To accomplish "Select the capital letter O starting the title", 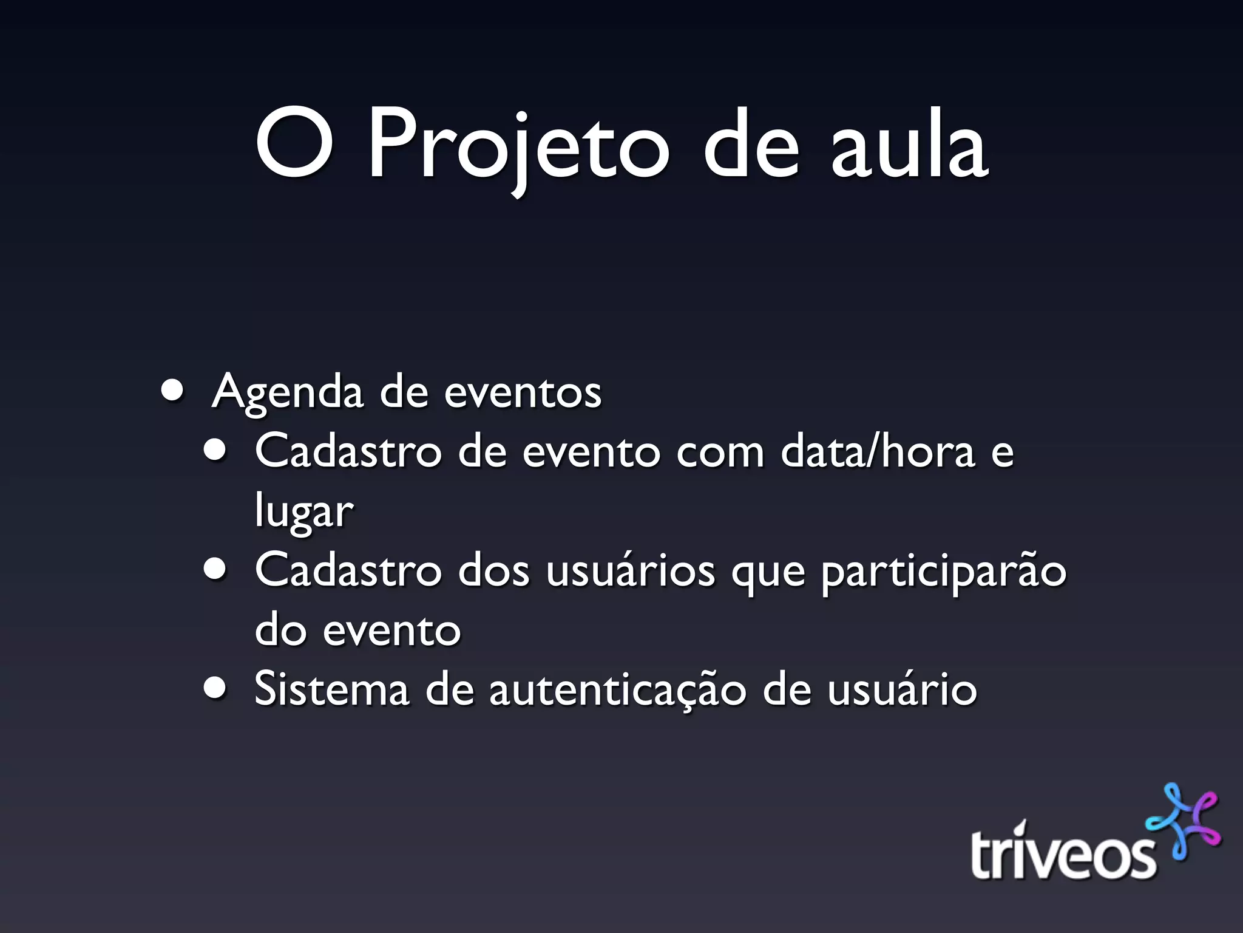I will click(294, 145).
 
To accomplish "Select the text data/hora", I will click(878, 452).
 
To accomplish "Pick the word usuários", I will click(630, 571).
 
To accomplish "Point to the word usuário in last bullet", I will click(902, 689).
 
